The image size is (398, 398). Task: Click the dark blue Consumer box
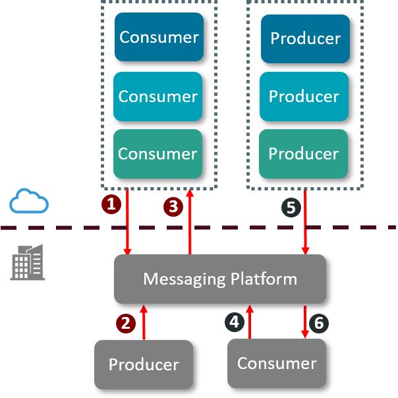click(x=159, y=37)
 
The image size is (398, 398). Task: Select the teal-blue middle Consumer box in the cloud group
click(x=157, y=96)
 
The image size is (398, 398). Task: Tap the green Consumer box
click(x=157, y=154)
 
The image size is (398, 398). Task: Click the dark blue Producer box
click(x=305, y=38)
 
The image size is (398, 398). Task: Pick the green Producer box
click(x=303, y=154)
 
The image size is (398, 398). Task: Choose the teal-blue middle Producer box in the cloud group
click(x=304, y=96)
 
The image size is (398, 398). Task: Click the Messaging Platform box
click(x=220, y=279)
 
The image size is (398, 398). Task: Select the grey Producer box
click(x=144, y=364)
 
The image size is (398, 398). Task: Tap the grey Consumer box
click(x=277, y=363)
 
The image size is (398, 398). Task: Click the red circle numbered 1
click(x=111, y=204)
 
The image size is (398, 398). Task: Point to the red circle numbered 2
click(x=126, y=323)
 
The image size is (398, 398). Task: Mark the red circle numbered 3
click(x=173, y=207)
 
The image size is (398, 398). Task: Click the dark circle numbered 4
click(x=234, y=322)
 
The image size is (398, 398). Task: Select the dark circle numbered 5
click(x=291, y=208)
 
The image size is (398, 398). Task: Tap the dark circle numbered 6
click(x=319, y=323)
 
